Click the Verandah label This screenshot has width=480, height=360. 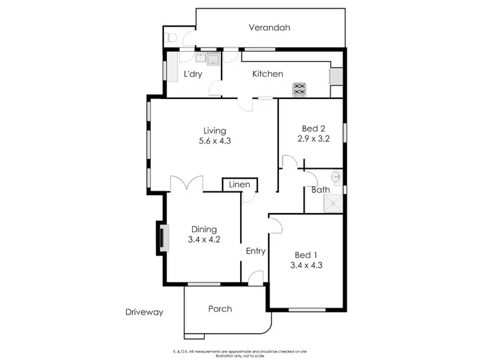[269, 27]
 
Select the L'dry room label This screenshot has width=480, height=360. [193, 74]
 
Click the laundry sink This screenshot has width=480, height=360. [211, 60]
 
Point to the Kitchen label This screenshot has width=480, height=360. [268, 74]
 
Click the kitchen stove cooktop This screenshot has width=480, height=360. [299, 90]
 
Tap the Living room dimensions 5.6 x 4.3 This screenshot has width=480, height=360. [214, 141]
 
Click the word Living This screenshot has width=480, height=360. [214, 130]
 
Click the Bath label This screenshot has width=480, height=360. [321, 190]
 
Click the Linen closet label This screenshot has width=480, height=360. [240, 185]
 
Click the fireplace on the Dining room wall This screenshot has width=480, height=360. [163, 238]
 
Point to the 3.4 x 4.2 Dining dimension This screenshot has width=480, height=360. [204, 240]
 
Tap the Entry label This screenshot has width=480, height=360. [256, 251]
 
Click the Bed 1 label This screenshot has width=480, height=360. [304, 254]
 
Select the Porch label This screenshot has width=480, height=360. [220, 309]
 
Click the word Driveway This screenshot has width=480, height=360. [145, 313]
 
